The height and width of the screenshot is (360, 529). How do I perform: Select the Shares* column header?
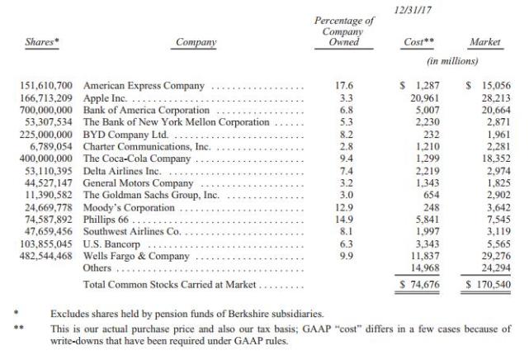[x=36, y=41]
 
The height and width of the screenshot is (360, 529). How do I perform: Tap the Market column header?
[x=485, y=41]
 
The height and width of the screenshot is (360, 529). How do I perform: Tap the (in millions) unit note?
[x=452, y=61]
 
